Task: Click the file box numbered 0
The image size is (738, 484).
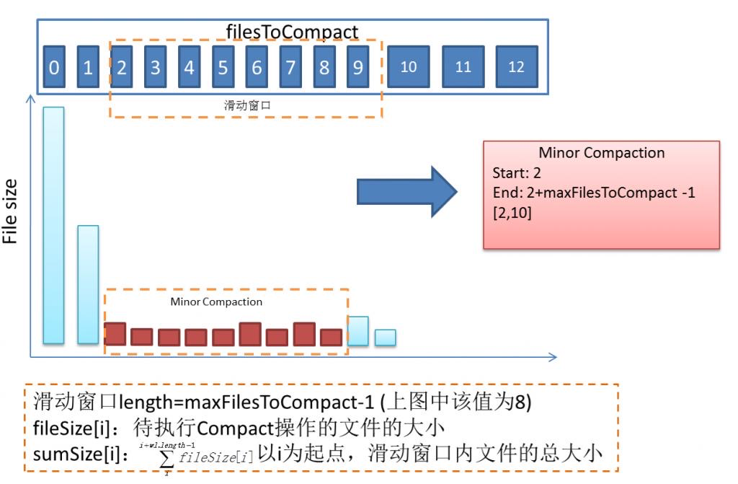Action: [54, 68]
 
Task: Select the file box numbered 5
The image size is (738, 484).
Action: [223, 68]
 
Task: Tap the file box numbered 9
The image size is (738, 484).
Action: [357, 68]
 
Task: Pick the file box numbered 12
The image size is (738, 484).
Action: [516, 67]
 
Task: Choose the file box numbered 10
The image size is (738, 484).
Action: [409, 67]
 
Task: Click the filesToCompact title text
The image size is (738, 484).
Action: [292, 32]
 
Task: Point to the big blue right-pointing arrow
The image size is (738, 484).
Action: [407, 191]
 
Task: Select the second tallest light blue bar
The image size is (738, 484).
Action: [88, 284]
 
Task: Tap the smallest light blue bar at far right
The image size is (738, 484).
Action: [385, 338]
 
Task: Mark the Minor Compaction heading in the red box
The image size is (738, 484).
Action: [602, 153]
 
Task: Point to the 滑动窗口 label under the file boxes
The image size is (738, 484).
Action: [245, 105]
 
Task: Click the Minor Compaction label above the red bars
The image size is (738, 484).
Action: [216, 302]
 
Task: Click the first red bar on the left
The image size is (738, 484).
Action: [115, 334]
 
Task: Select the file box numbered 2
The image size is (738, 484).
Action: [122, 68]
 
